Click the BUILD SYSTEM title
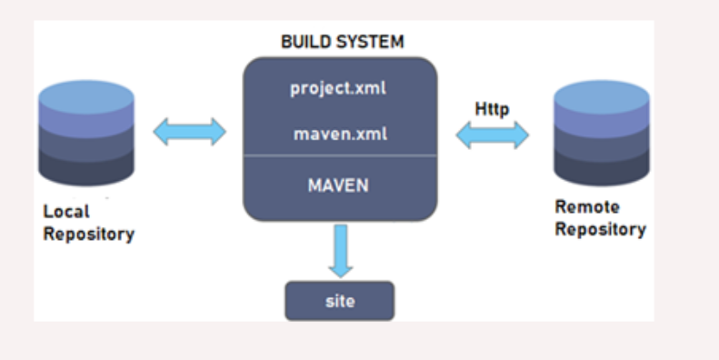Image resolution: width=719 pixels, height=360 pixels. (x=342, y=42)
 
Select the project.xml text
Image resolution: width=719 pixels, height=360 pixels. (x=338, y=88)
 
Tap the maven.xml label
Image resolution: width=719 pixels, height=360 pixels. (x=340, y=134)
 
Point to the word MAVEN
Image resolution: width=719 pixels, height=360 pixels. (x=338, y=185)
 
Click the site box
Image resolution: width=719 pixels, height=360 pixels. (x=339, y=301)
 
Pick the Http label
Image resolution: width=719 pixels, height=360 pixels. (x=492, y=109)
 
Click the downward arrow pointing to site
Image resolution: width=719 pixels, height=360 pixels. (x=341, y=251)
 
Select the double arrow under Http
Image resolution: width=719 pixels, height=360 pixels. (x=492, y=135)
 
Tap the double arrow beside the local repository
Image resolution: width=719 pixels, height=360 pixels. (x=189, y=132)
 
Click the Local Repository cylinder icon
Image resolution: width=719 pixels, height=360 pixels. (x=86, y=133)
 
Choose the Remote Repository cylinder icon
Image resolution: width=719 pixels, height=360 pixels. (x=602, y=133)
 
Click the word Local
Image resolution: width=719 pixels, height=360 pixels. (x=66, y=212)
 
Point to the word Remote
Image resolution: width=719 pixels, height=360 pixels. (x=587, y=207)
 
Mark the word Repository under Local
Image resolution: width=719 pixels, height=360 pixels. (x=88, y=234)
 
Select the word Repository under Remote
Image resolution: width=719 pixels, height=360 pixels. (x=601, y=229)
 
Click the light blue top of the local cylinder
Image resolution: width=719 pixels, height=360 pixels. (x=86, y=96)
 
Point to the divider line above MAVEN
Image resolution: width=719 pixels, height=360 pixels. (x=340, y=156)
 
